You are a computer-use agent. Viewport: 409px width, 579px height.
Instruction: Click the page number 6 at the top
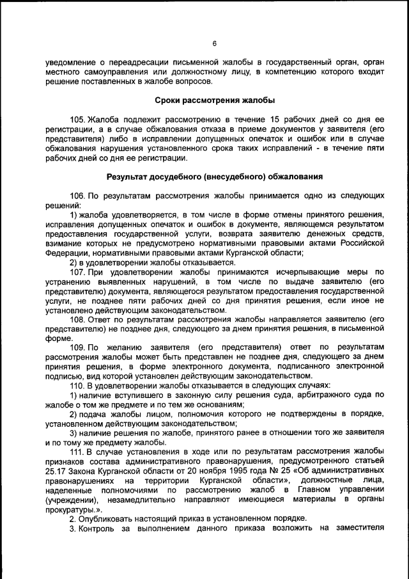click(215, 44)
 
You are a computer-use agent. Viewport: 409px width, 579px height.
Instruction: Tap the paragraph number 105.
click(77, 119)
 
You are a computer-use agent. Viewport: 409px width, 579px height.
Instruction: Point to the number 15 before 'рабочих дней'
click(276, 119)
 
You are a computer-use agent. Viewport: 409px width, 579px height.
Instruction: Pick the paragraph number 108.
click(77, 319)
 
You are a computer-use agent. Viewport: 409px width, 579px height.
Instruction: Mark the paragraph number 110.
click(77, 386)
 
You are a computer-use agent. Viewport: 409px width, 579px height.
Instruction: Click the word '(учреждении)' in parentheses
click(72, 499)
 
